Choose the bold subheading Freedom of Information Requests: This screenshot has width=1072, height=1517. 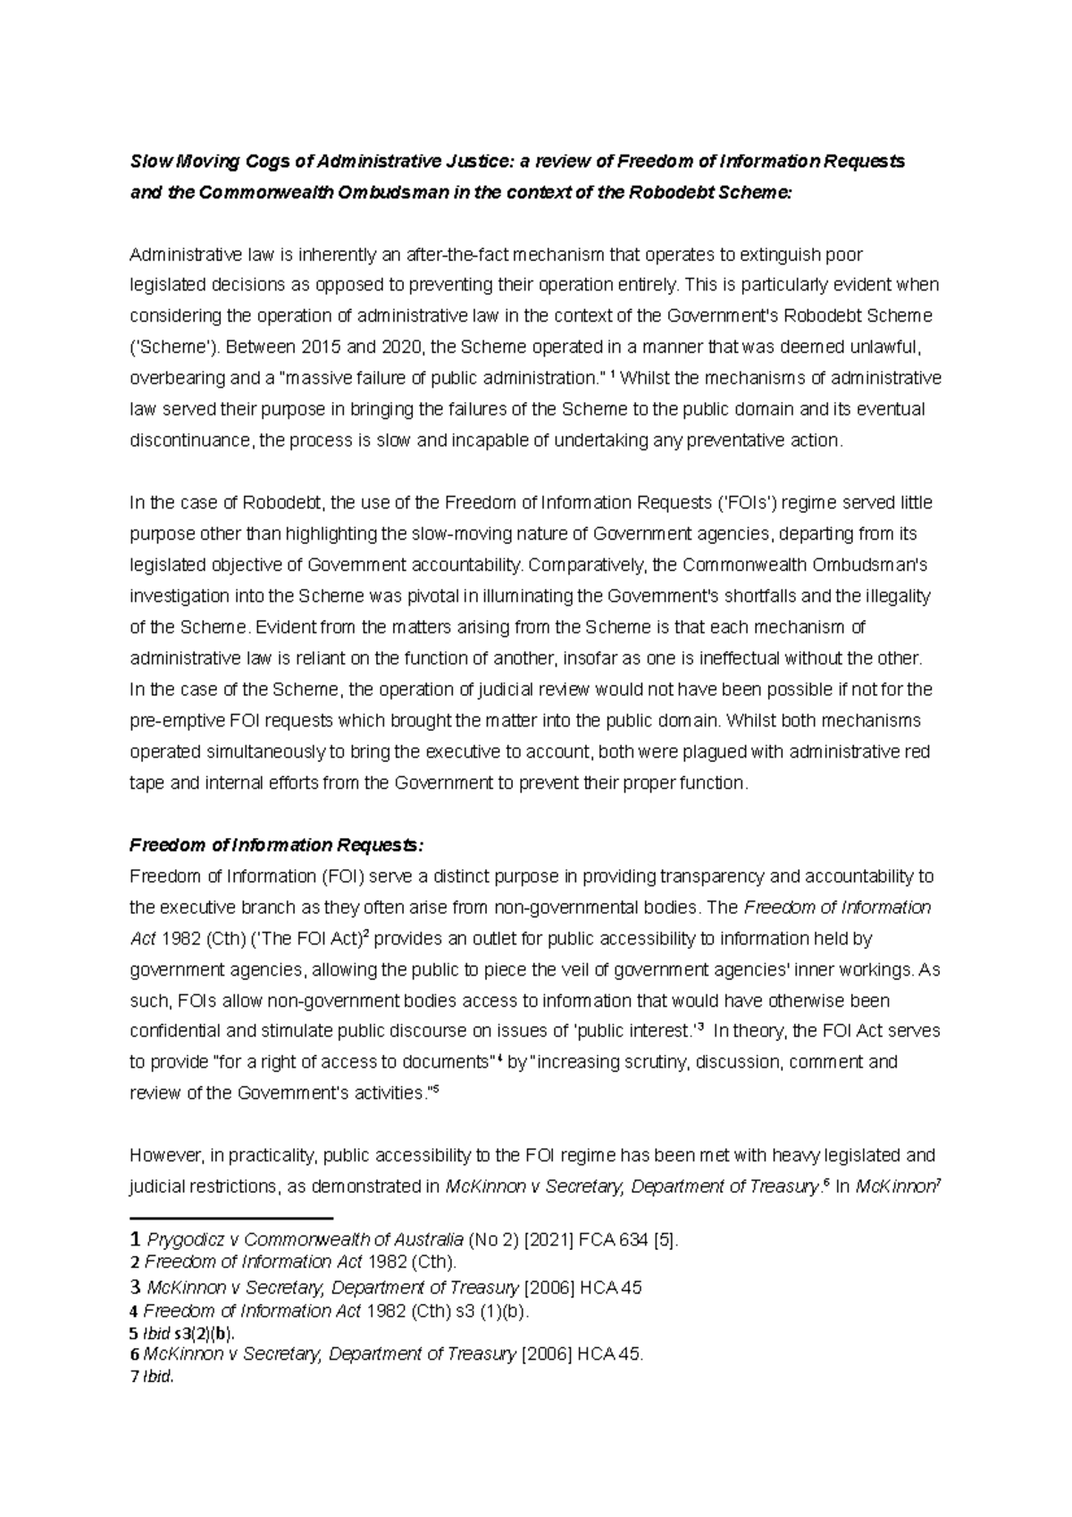pos(275,845)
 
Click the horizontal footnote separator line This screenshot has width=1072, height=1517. pos(231,1217)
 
